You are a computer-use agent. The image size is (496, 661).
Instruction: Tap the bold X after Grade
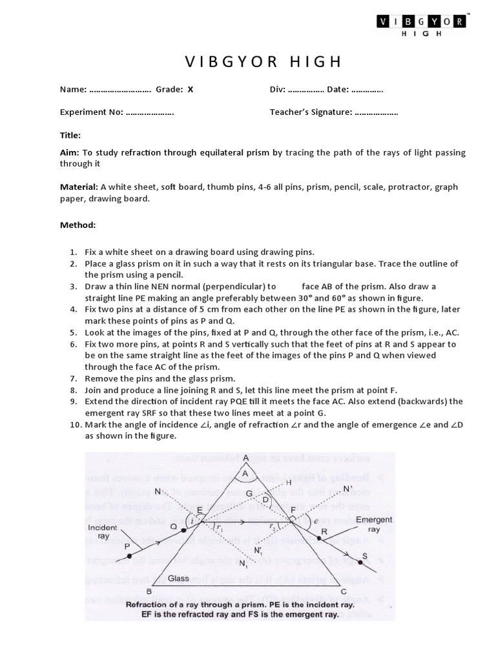click(191, 90)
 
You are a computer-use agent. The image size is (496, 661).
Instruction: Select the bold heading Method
click(77, 225)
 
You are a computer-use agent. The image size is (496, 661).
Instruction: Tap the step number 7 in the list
click(73, 378)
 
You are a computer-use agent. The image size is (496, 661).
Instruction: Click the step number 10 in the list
click(75, 425)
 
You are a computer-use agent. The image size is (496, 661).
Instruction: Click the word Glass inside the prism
click(178, 578)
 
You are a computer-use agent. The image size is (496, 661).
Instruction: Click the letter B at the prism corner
click(150, 592)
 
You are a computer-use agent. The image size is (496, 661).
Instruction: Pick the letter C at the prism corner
click(343, 592)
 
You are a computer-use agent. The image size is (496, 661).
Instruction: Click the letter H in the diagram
click(288, 482)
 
